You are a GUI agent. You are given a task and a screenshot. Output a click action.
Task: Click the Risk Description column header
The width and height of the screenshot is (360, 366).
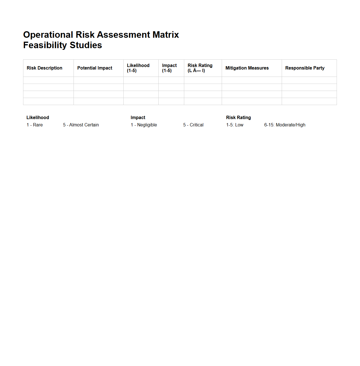click(45, 68)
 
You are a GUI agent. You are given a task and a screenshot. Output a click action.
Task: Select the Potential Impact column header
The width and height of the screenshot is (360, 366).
click(95, 68)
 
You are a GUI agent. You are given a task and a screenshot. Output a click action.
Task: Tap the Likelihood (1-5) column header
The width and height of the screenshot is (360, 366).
click(138, 68)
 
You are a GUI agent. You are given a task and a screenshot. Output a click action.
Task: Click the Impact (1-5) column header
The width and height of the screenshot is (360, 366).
click(169, 68)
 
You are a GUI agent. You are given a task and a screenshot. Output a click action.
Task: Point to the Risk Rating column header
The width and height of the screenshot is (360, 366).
click(200, 68)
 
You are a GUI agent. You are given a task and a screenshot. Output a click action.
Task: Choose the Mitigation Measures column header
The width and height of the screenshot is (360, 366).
click(247, 68)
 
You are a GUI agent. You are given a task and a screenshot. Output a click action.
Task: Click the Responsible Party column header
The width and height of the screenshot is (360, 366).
click(305, 68)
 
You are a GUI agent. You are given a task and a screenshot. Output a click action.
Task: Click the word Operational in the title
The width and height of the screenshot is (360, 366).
click(48, 35)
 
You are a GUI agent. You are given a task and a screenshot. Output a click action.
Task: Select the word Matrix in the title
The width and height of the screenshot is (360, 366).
click(166, 35)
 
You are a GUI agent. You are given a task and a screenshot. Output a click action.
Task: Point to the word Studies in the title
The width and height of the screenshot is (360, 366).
click(86, 45)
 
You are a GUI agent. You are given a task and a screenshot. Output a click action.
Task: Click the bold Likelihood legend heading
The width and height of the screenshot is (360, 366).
click(38, 118)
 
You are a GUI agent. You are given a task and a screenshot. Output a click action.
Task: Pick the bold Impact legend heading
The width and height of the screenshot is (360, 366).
click(138, 118)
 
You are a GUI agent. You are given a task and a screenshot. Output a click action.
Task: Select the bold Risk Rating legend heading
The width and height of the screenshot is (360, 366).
click(238, 118)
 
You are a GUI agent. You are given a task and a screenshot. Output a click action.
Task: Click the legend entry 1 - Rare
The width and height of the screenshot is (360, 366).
click(35, 125)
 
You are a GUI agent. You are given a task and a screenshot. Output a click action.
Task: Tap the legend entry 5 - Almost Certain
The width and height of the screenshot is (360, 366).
click(81, 125)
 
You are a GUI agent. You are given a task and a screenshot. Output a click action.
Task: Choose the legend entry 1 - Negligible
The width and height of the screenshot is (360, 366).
click(144, 125)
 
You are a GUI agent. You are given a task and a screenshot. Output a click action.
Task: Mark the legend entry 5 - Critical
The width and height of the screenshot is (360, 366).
click(193, 125)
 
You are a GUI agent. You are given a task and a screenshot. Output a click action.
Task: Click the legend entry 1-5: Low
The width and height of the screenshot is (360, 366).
click(235, 125)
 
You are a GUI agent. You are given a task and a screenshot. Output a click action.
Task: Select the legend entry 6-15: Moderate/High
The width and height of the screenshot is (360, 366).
click(285, 125)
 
